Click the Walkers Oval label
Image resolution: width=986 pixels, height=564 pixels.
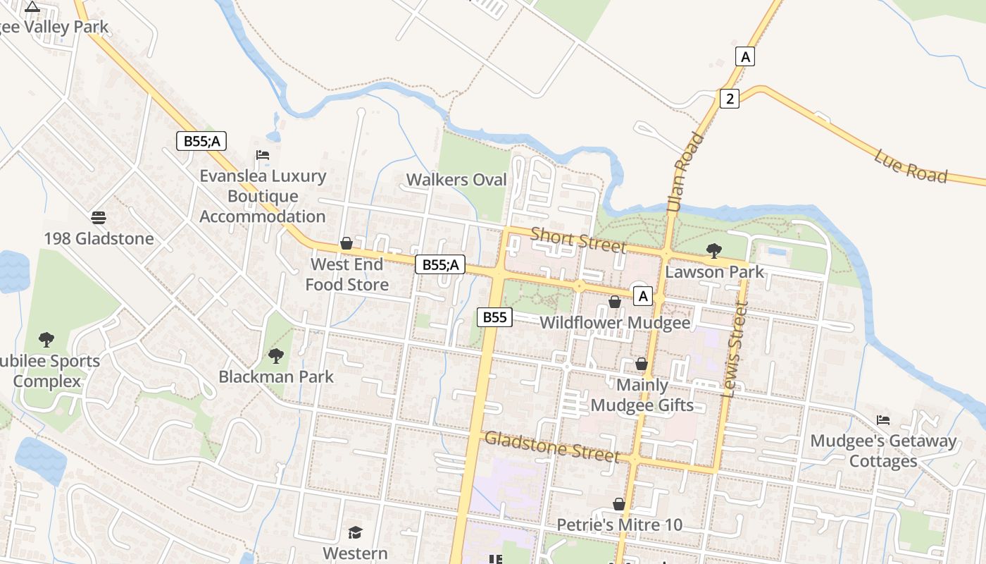click(x=456, y=180)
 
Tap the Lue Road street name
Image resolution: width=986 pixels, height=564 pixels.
click(x=910, y=166)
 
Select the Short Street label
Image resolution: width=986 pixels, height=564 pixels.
click(x=578, y=240)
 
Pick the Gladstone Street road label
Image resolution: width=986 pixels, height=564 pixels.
click(x=552, y=446)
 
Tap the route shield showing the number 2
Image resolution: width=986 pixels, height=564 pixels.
click(x=729, y=99)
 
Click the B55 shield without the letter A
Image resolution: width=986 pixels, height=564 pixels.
click(x=494, y=317)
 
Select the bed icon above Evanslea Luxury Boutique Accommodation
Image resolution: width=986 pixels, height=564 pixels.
click(x=263, y=155)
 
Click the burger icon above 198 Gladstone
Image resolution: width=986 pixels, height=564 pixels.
click(x=99, y=217)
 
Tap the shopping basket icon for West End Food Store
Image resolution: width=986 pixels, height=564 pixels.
click(x=347, y=244)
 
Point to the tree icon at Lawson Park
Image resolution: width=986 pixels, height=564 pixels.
click(x=713, y=250)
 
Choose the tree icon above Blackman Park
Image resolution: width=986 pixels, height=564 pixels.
click(x=276, y=356)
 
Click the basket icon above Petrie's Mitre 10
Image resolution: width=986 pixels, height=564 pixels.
click(x=618, y=504)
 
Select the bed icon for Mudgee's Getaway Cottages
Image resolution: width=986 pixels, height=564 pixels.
click(x=883, y=420)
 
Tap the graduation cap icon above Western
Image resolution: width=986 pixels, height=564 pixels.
click(x=355, y=532)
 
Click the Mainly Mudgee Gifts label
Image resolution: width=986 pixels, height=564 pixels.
click(x=642, y=396)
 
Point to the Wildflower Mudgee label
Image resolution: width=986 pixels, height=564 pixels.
click(x=615, y=323)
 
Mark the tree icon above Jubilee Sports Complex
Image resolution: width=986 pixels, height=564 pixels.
click(x=46, y=340)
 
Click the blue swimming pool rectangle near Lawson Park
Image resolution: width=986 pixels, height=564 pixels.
click(x=778, y=251)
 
